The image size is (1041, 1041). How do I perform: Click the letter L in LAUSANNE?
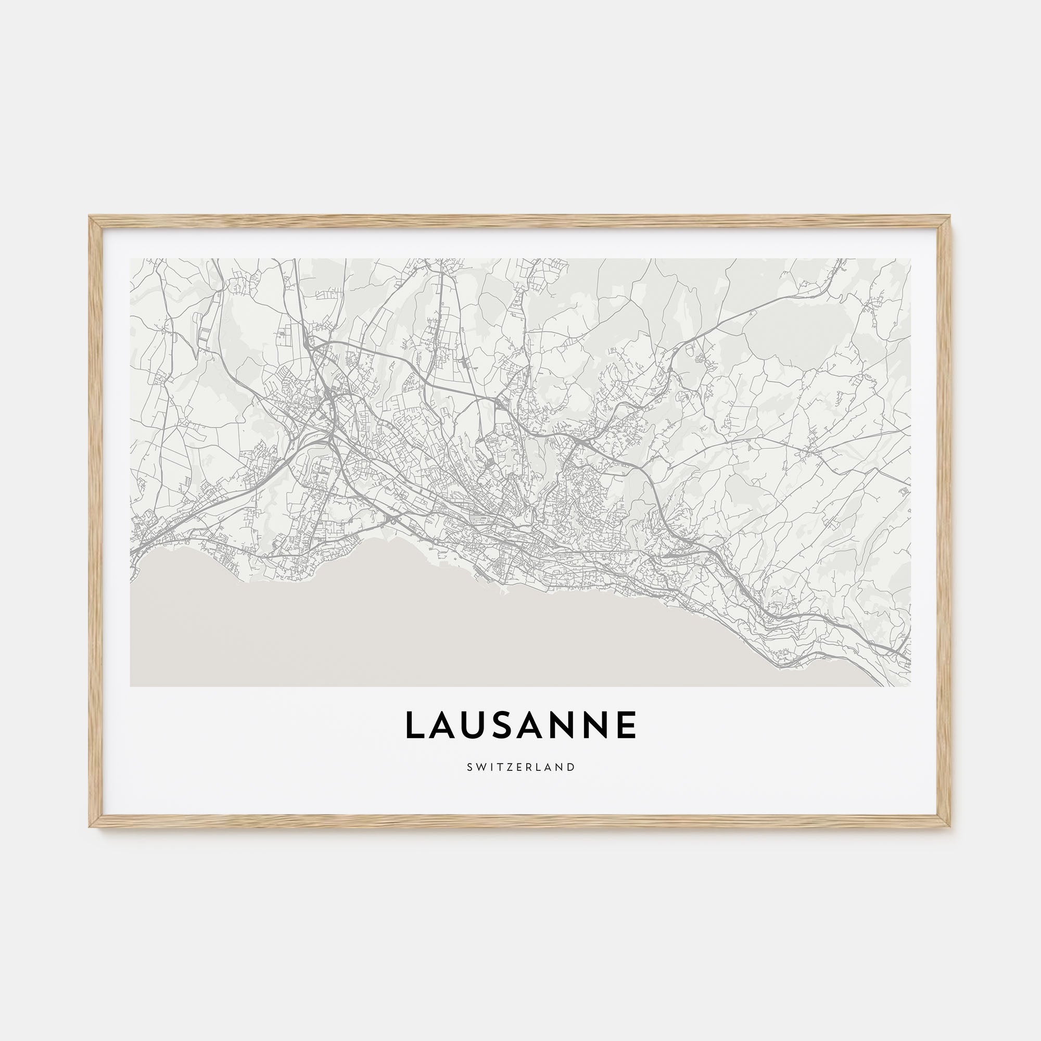tap(415, 725)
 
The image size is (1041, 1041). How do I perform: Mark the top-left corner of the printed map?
tap(131, 259)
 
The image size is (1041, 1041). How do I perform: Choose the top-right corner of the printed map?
tap(910, 259)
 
